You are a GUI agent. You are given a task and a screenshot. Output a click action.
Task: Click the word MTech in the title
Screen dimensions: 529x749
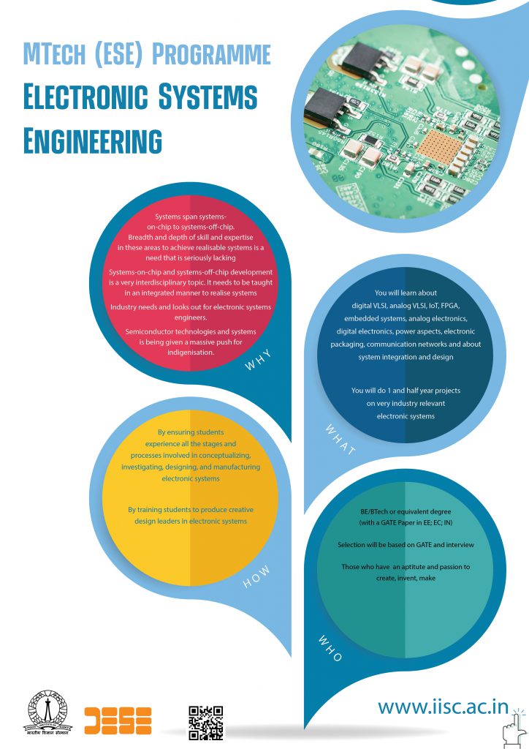click(55, 55)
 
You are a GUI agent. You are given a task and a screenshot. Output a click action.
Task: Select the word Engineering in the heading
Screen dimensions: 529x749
click(93, 140)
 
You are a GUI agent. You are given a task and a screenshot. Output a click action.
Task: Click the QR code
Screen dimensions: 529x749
click(205, 723)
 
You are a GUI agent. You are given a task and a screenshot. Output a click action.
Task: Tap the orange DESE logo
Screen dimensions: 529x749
click(118, 720)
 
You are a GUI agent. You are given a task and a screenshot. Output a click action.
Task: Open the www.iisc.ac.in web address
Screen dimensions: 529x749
click(443, 707)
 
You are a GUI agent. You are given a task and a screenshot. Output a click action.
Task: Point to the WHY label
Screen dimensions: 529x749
click(258, 360)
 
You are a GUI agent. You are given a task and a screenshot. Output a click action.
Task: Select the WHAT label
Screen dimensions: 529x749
click(340, 440)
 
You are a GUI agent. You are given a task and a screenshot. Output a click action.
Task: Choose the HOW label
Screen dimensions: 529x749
click(256, 576)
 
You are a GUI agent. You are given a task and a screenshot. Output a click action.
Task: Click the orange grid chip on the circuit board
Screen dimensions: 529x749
click(440, 148)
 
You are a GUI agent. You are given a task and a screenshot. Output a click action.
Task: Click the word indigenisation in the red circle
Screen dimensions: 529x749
click(191, 353)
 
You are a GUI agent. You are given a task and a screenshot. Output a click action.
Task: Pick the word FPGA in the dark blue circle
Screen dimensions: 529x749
click(449, 306)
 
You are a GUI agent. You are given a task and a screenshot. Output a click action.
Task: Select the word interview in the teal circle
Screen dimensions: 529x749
click(460, 544)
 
